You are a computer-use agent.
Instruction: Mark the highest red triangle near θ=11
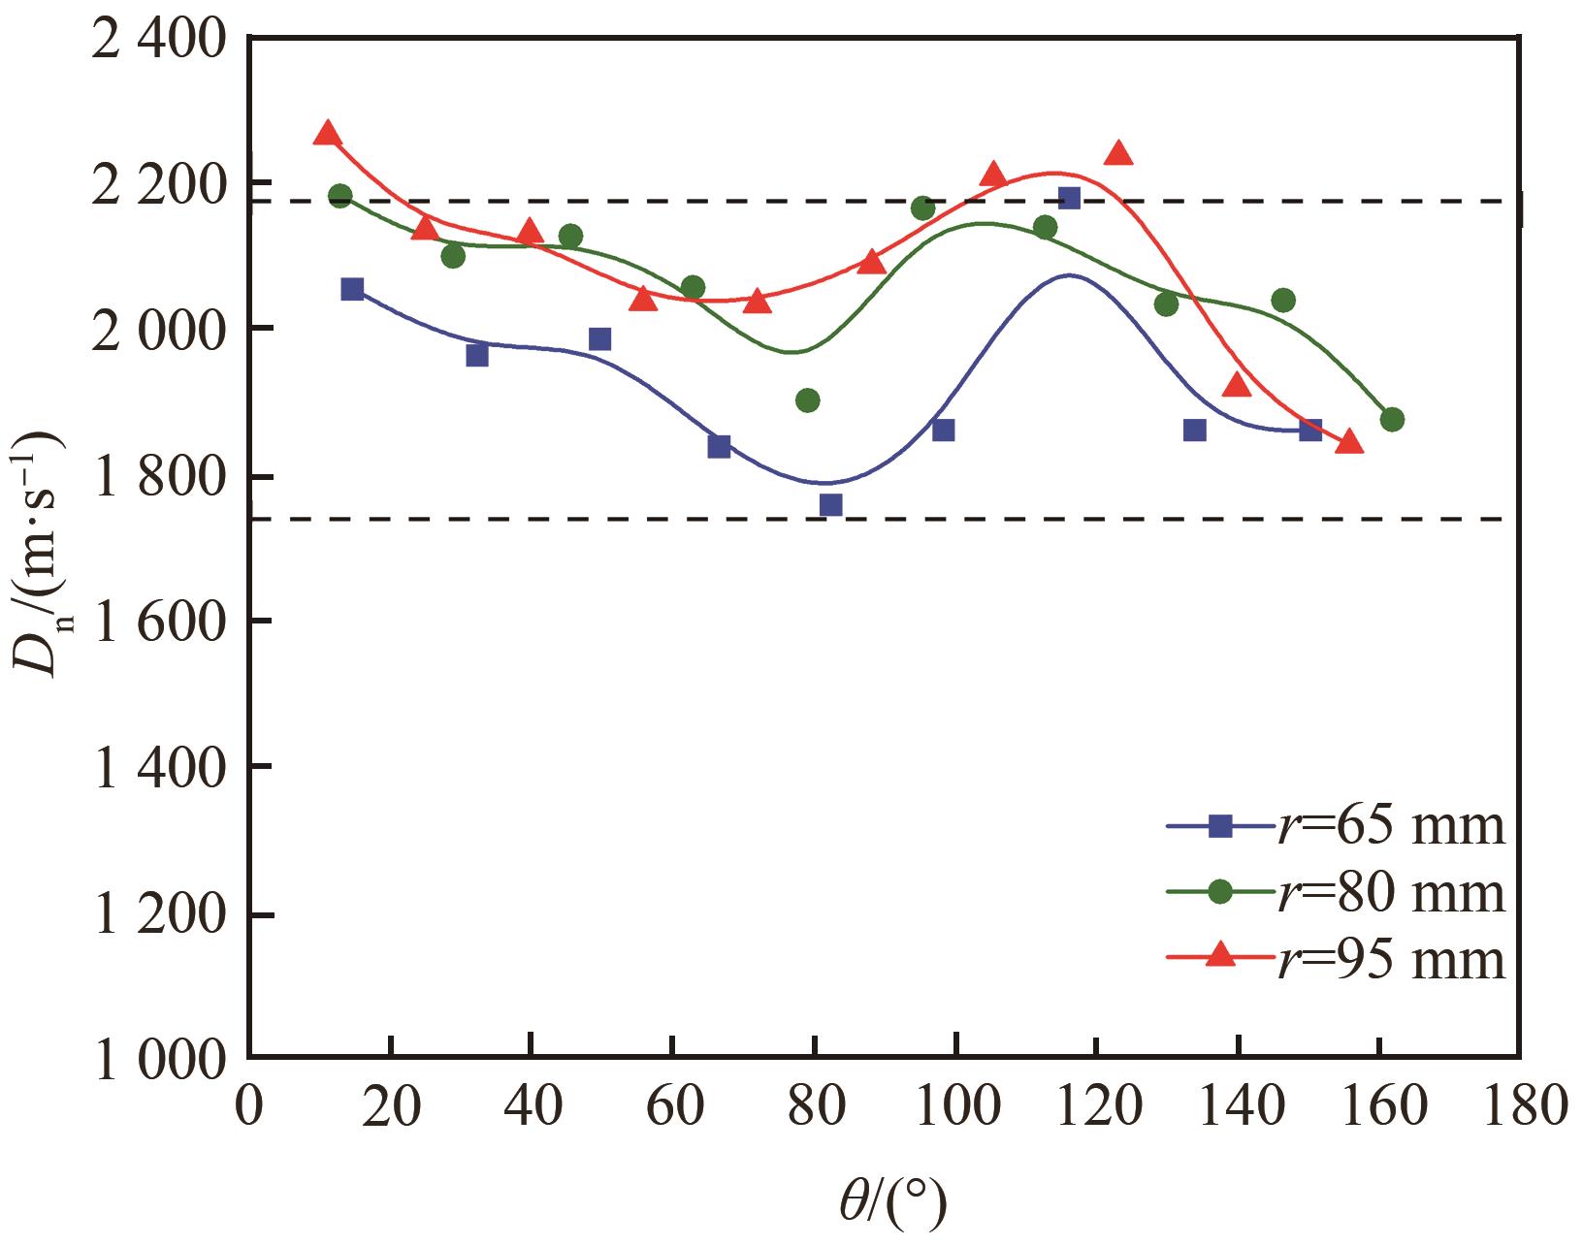328,134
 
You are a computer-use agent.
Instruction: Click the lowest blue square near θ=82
830,504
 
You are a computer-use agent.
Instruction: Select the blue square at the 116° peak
1069,198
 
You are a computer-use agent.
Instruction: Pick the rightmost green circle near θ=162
1392,419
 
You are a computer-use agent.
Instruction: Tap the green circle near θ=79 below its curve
807,399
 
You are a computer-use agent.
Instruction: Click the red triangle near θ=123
1118,153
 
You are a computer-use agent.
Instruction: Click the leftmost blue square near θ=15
352,289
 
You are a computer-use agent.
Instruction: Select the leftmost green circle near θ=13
339,196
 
